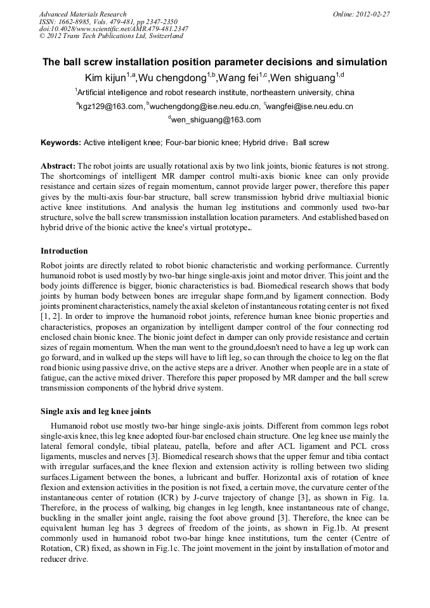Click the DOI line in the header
pos(114,29)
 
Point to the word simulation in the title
pos(363,62)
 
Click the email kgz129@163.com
pos(109,107)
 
